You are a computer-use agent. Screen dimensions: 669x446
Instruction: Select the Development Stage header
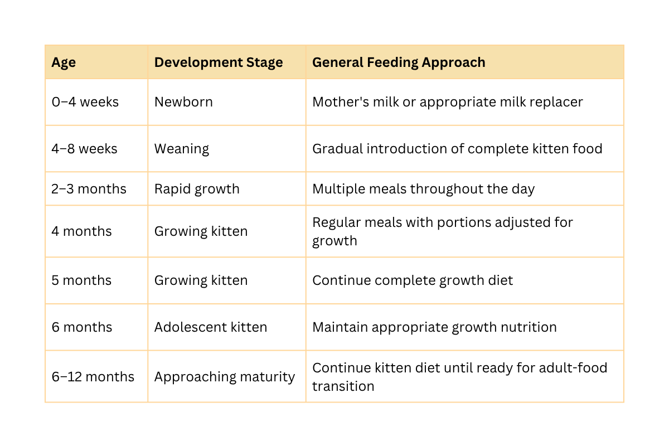tap(219, 62)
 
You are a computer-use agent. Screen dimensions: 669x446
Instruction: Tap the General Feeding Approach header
tap(399, 62)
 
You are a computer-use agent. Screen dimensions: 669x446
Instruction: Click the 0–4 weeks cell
tap(85, 102)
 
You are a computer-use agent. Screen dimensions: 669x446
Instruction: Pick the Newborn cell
tap(183, 102)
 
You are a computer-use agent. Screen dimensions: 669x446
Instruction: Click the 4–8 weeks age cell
tap(84, 149)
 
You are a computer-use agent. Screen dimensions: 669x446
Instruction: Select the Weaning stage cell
tap(182, 149)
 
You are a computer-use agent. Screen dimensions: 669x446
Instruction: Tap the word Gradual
tap(337, 149)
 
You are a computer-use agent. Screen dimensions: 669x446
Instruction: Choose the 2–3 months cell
tap(89, 189)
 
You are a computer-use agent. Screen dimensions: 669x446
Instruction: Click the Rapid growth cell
tap(197, 190)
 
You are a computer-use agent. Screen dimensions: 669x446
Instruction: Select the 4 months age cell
tap(81, 231)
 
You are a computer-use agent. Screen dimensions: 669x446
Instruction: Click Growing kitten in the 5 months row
tap(201, 281)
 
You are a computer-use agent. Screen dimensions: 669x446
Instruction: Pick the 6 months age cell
tap(82, 327)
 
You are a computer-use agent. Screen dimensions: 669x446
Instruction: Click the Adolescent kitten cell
tap(211, 327)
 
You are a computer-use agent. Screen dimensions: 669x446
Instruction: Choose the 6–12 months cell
tap(93, 377)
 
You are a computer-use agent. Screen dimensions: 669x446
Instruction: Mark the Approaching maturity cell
tap(225, 377)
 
